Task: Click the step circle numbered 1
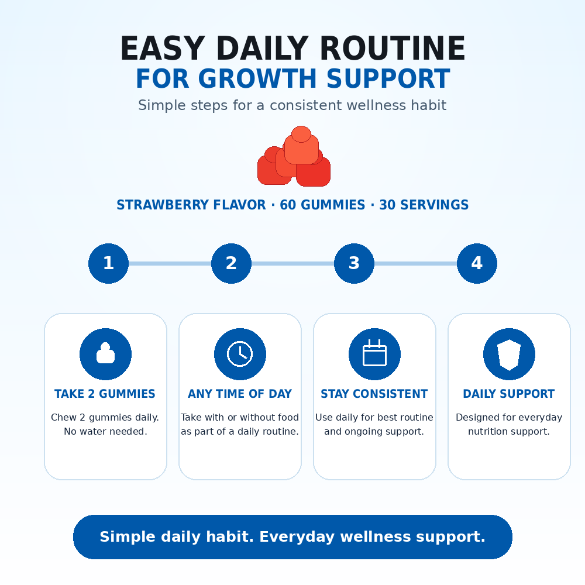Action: [x=109, y=263]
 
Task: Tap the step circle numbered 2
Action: [x=231, y=263]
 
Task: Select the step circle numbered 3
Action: [x=354, y=263]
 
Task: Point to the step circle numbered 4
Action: [x=477, y=263]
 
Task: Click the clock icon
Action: [x=240, y=354]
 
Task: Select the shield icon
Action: [x=509, y=355]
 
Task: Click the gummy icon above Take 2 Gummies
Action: [x=105, y=353]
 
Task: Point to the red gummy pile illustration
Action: [x=294, y=156]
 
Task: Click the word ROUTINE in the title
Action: [x=393, y=48]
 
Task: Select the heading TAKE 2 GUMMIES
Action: [x=105, y=394]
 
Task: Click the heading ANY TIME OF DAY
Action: [x=240, y=394]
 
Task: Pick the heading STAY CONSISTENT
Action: [x=374, y=394]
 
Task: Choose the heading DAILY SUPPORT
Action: [x=509, y=394]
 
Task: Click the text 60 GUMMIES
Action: [x=322, y=205]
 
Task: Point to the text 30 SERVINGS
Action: [x=424, y=205]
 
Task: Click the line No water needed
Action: [x=105, y=431]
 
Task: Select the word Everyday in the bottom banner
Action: [x=297, y=537]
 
